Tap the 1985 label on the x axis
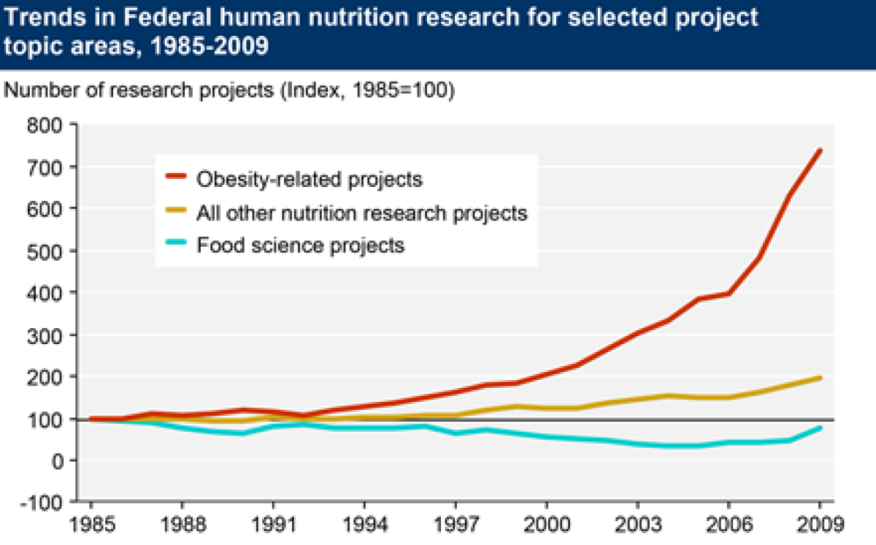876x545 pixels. pos(91,525)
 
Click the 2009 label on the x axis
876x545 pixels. pos(819,525)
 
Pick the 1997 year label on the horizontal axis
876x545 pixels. pos(455,525)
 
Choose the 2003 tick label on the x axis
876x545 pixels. pos(637,525)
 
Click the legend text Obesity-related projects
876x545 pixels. pos(310,178)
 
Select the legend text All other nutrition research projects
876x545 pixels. pos(361,213)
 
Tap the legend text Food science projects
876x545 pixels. pos(300,245)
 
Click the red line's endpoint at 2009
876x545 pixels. pos(820,150)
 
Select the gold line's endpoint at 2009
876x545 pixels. pos(820,378)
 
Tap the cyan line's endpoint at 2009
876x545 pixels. pos(820,428)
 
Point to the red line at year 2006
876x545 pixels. pos(729,294)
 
